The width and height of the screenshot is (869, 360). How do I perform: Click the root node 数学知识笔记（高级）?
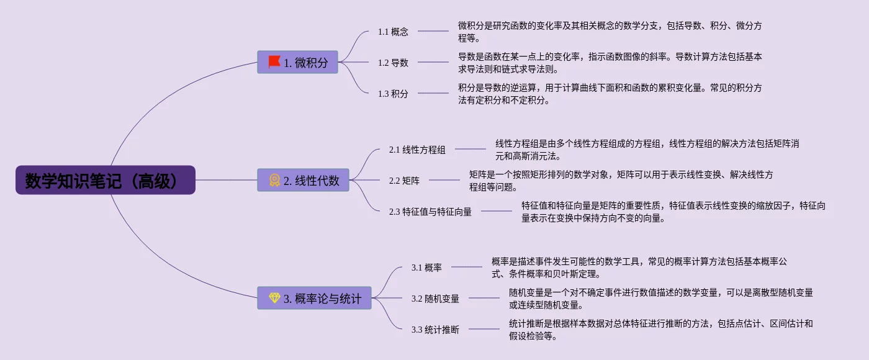pyautogui.click(x=106, y=180)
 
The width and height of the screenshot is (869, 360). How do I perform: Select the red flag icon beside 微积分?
pyautogui.click(x=274, y=62)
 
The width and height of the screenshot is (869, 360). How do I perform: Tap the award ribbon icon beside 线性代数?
pyautogui.click(x=274, y=180)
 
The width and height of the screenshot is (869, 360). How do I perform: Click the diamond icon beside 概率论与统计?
pyautogui.click(x=274, y=298)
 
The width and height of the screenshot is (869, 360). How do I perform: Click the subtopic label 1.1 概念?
pyautogui.click(x=393, y=32)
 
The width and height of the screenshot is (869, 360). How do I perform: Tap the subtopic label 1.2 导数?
pyautogui.click(x=393, y=63)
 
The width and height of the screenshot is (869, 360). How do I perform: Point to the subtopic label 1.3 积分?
pyautogui.click(x=393, y=94)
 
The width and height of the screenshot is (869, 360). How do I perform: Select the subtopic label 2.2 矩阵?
pyautogui.click(x=404, y=181)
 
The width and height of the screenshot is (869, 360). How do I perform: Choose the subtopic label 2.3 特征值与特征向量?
pyautogui.click(x=430, y=212)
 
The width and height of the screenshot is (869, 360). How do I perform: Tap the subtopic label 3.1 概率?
pyautogui.click(x=426, y=268)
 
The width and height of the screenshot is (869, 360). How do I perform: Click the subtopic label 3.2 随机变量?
pyautogui.click(x=435, y=299)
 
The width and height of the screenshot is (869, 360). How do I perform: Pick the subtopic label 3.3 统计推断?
pyautogui.click(x=435, y=330)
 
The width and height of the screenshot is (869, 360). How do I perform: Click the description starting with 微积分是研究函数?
pyautogui.click(x=610, y=32)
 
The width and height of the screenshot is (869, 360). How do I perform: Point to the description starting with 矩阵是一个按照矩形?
pyautogui.click(x=621, y=181)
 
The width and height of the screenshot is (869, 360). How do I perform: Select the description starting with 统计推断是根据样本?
pyautogui.click(x=660, y=330)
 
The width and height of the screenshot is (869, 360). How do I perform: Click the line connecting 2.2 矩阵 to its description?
pyautogui.click(x=444, y=180)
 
